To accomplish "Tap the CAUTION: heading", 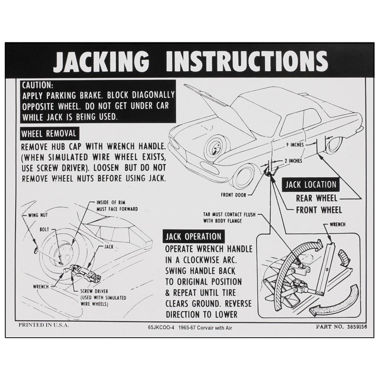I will (38, 85).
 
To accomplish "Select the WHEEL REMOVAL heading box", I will (48, 133).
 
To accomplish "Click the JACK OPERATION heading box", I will (193, 237).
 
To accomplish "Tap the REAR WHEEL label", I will (317, 199).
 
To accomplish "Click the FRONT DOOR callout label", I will (234, 194).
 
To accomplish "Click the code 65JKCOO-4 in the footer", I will (161, 327).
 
